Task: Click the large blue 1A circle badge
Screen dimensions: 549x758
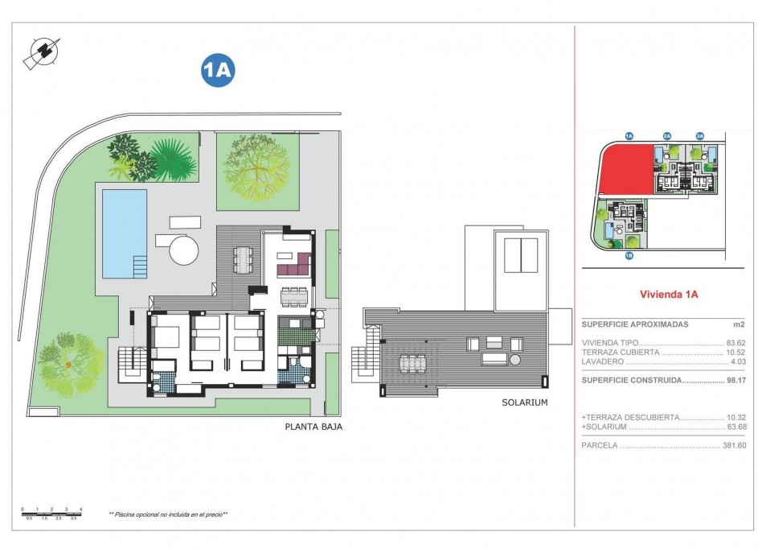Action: click(217, 71)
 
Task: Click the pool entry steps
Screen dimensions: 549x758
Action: click(140, 265)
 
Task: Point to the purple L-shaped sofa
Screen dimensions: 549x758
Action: click(293, 262)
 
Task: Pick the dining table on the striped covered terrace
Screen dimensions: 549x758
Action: click(242, 258)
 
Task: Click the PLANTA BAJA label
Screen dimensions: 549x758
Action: click(313, 427)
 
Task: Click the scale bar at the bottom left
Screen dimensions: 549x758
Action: click(53, 514)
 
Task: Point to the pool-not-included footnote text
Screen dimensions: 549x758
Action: click(169, 514)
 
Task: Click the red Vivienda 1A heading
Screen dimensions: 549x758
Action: click(668, 295)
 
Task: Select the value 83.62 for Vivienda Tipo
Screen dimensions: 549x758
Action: click(735, 343)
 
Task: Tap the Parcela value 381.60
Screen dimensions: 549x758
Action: click(733, 445)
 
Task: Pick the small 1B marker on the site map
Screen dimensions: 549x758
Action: click(629, 256)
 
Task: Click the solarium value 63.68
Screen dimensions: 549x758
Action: click(735, 427)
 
